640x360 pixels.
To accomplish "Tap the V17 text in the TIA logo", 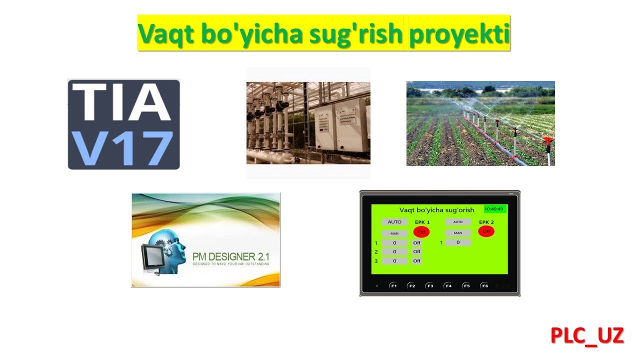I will (x=123, y=148).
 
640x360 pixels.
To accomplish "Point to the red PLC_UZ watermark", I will (x=587, y=335).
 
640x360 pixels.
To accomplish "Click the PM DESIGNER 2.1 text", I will (x=230, y=257).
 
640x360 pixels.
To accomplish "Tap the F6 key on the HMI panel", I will (x=484, y=286).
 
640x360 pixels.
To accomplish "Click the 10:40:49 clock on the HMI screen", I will (x=494, y=209).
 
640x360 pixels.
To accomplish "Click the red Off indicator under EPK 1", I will (x=421, y=232).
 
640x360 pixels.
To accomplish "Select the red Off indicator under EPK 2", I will (x=486, y=231).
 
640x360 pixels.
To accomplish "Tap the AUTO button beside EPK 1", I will (x=394, y=222).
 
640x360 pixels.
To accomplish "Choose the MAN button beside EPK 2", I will (x=458, y=233).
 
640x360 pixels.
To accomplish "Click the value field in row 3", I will (x=394, y=261).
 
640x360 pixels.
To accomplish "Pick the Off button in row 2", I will (x=416, y=251).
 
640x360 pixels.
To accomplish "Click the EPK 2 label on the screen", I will (x=486, y=222).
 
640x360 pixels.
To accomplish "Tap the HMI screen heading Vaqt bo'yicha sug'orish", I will (x=436, y=210).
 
